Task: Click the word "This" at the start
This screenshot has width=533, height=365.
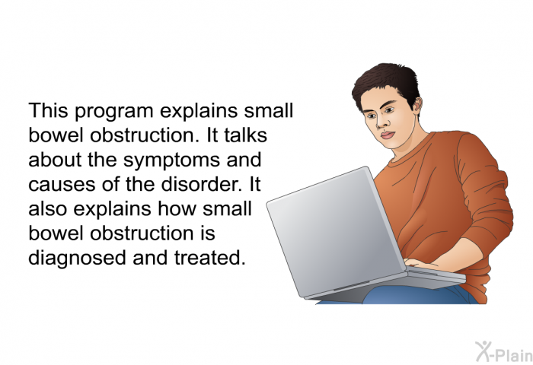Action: pyautogui.click(x=48, y=110)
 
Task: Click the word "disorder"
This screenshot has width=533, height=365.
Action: pyautogui.click(x=201, y=184)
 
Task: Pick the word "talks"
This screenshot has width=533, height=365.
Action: pyautogui.click(x=245, y=135)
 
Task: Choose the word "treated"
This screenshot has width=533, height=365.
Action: pyautogui.click(x=209, y=258)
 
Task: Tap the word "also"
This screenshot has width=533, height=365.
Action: pyautogui.click(x=47, y=208)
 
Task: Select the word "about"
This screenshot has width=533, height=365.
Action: pyautogui.click(x=55, y=160)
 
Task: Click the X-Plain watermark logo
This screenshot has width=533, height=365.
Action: pyautogui.click(x=504, y=352)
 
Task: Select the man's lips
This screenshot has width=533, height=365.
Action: pyautogui.click(x=388, y=135)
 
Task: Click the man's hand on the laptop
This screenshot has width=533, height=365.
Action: pyautogui.click(x=420, y=263)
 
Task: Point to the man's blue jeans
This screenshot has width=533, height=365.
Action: pyautogui.click(x=418, y=295)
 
